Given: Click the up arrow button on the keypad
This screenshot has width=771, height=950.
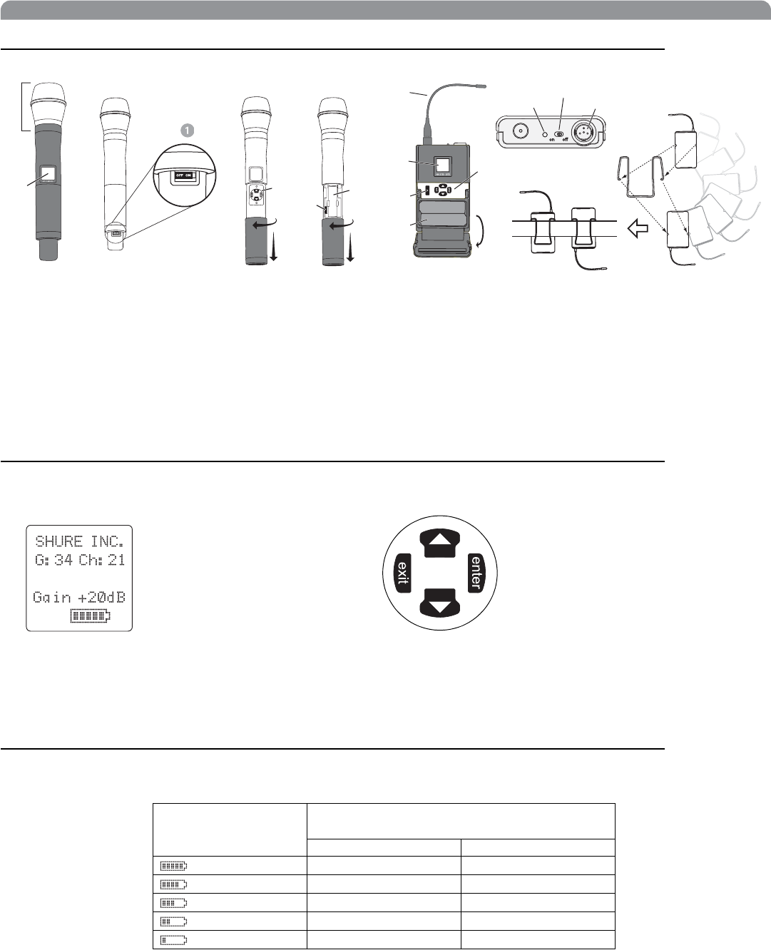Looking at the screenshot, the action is [x=440, y=543].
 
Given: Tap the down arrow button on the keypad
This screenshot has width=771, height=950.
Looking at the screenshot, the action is [x=440, y=603].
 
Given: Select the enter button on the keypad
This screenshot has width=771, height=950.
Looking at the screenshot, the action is [x=476, y=573].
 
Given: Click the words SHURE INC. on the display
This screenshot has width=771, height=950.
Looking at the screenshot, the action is [x=79, y=541].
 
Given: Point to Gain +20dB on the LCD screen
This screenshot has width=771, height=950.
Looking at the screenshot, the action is [x=79, y=597].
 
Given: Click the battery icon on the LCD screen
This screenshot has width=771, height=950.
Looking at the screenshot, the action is [x=91, y=616].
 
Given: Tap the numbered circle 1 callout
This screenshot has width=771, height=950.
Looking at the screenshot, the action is [x=188, y=131].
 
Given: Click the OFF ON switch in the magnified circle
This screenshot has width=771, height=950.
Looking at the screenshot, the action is [x=184, y=175].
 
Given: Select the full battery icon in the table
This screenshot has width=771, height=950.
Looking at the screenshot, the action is [x=173, y=866].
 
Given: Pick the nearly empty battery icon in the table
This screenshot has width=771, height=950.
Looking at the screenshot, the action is [x=173, y=941].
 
